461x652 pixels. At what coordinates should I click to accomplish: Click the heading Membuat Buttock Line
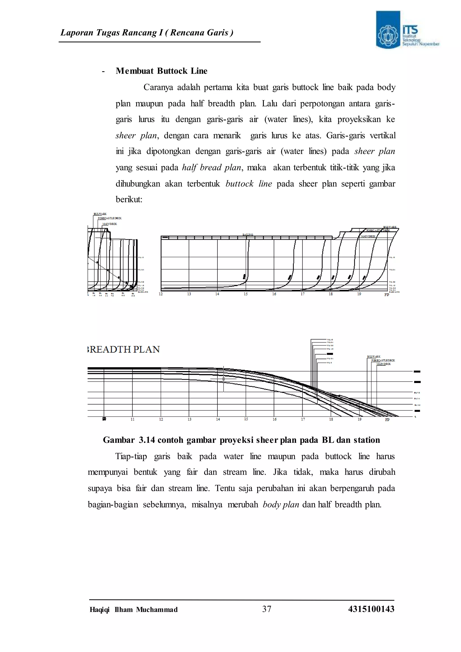(x=161, y=71)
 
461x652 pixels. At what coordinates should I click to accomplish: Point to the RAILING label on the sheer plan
(x=248, y=235)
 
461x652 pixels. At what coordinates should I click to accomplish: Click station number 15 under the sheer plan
(x=246, y=294)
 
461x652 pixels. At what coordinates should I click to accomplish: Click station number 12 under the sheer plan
(x=161, y=294)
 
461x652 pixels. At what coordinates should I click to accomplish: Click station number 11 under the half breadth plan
(x=133, y=419)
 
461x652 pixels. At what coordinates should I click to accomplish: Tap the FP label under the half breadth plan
(x=387, y=420)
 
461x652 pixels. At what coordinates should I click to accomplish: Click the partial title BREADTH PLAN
(x=124, y=349)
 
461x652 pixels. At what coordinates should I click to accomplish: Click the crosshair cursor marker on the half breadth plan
(x=224, y=379)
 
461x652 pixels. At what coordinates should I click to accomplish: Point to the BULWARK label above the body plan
(x=100, y=214)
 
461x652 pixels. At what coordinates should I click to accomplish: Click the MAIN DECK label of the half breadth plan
(x=384, y=364)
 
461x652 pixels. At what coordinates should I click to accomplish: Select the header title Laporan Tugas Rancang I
(x=147, y=33)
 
